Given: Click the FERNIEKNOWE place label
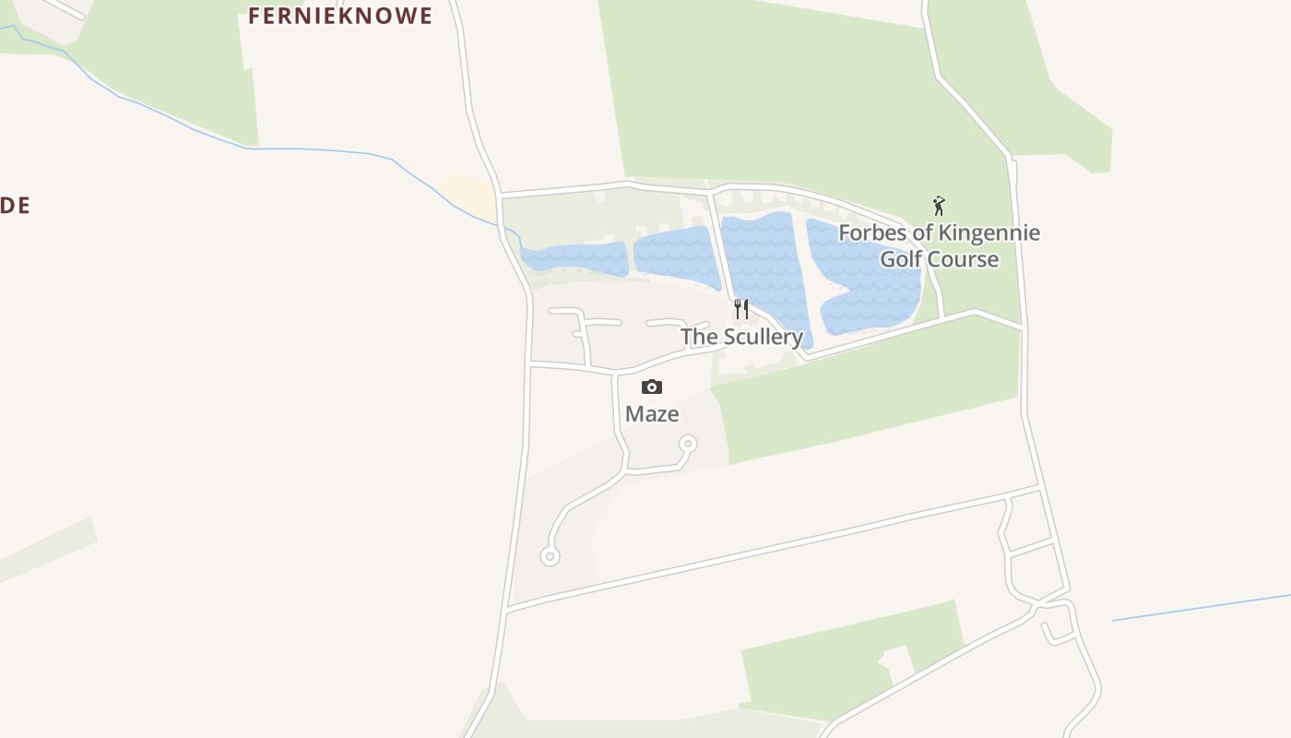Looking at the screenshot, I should pos(339,16).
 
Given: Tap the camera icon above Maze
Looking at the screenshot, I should pos(652,387).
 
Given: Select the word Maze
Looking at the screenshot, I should pos(652,414).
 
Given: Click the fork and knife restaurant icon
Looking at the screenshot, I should pos(741,308).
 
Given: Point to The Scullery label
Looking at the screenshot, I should pos(741,337).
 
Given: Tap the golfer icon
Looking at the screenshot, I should pos(939,206).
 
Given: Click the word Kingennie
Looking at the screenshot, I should pos(989,232).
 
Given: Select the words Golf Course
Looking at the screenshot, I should pos(939,259).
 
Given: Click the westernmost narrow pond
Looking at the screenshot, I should pos(574,258).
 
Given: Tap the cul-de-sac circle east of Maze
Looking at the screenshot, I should pos(687,445).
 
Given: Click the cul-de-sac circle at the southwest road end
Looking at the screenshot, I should pos(550,556).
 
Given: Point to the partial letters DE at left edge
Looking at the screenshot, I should pos(15,206).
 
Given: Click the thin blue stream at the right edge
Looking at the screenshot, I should pos(1199,607).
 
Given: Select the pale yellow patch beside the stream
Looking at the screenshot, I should pos(470,191).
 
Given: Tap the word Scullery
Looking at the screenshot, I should pos(763,337).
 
